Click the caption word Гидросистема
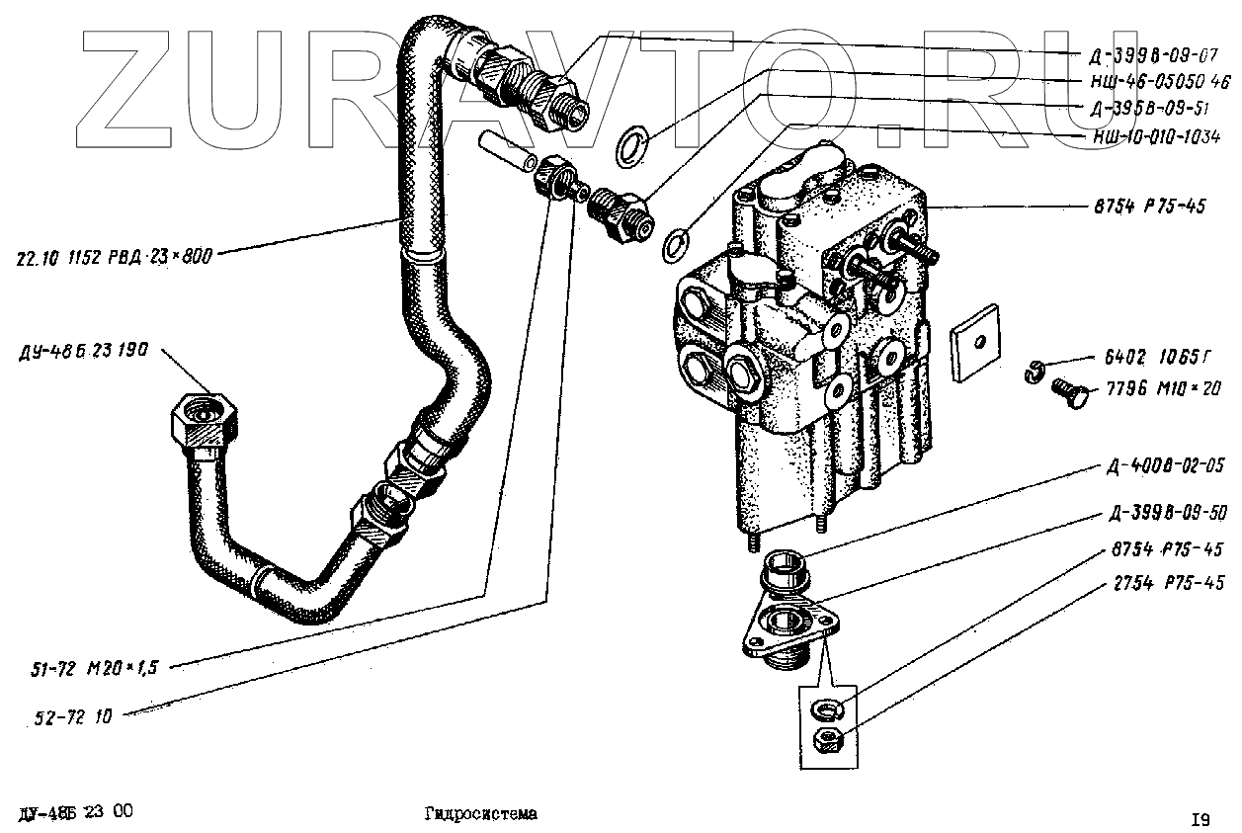pos(481,814)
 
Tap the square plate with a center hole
pos(975,341)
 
